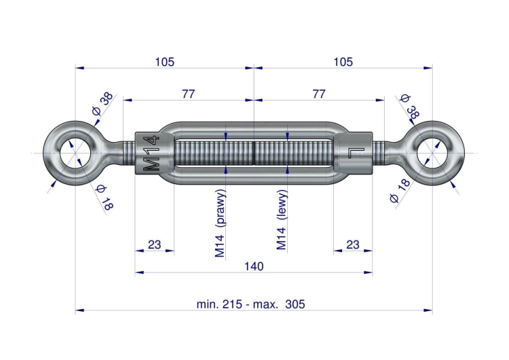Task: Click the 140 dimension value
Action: click(x=254, y=266)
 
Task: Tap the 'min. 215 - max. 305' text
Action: click(x=251, y=304)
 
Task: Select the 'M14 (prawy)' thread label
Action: click(x=220, y=223)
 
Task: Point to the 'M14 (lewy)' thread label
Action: click(x=282, y=219)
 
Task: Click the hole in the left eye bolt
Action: click(x=75, y=153)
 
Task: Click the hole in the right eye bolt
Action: click(x=432, y=153)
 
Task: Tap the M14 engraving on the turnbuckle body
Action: click(x=151, y=154)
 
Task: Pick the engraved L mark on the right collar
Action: click(x=357, y=152)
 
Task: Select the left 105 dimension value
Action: click(x=165, y=62)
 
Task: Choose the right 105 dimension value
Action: click(x=343, y=62)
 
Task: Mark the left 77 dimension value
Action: click(x=188, y=94)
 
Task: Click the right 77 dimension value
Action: click(x=319, y=94)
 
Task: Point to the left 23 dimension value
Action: click(x=154, y=245)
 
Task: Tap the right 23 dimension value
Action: click(x=353, y=245)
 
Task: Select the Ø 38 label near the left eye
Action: click(x=102, y=104)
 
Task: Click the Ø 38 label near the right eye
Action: click(x=410, y=106)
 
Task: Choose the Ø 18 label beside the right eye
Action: click(x=400, y=191)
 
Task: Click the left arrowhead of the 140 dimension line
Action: click(x=139, y=272)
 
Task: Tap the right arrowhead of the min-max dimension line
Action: click(x=428, y=310)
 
